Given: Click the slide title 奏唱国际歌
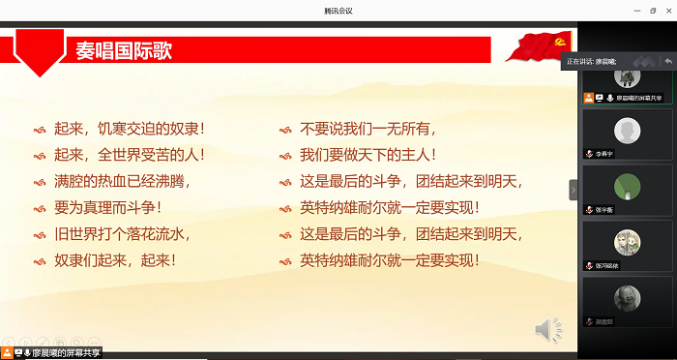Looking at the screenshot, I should (x=124, y=50).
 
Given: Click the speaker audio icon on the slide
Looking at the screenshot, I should (x=547, y=331).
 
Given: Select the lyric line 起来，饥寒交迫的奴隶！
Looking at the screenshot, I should (x=130, y=128).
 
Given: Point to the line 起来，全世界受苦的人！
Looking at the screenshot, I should (x=130, y=154).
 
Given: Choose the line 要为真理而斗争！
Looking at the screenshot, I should (x=108, y=207).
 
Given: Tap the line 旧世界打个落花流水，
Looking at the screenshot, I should (x=122, y=233).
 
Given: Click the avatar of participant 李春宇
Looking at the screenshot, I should (x=627, y=130).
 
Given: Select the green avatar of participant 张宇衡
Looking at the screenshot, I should (x=627, y=185).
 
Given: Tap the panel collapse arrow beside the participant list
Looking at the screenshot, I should (x=573, y=191).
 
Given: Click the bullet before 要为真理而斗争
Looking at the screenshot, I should (x=40, y=208).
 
